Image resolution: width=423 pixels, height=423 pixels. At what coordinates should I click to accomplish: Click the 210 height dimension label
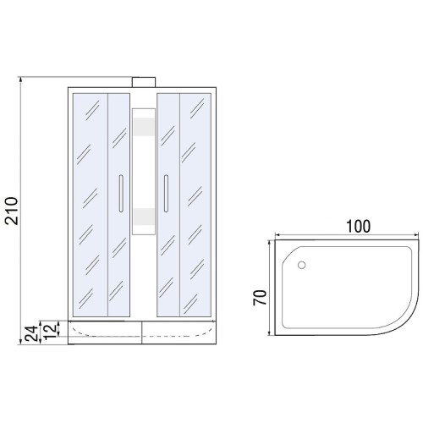[x=12, y=211]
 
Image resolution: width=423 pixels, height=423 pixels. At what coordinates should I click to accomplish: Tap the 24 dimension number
[x=31, y=333]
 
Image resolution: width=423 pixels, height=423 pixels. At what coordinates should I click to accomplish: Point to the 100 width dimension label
[x=358, y=227]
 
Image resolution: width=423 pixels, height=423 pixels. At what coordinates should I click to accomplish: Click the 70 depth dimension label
[x=260, y=298]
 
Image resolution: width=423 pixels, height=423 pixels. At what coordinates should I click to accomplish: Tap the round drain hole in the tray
[x=301, y=265]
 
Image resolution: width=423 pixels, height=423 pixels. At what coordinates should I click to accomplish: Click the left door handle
[x=121, y=193]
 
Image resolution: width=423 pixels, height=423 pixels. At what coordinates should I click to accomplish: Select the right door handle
[x=166, y=193]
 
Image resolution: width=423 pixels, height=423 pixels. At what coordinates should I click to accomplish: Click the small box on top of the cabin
[x=144, y=82]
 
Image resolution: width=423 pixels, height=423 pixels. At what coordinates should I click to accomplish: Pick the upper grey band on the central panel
[x=144, y=127]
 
